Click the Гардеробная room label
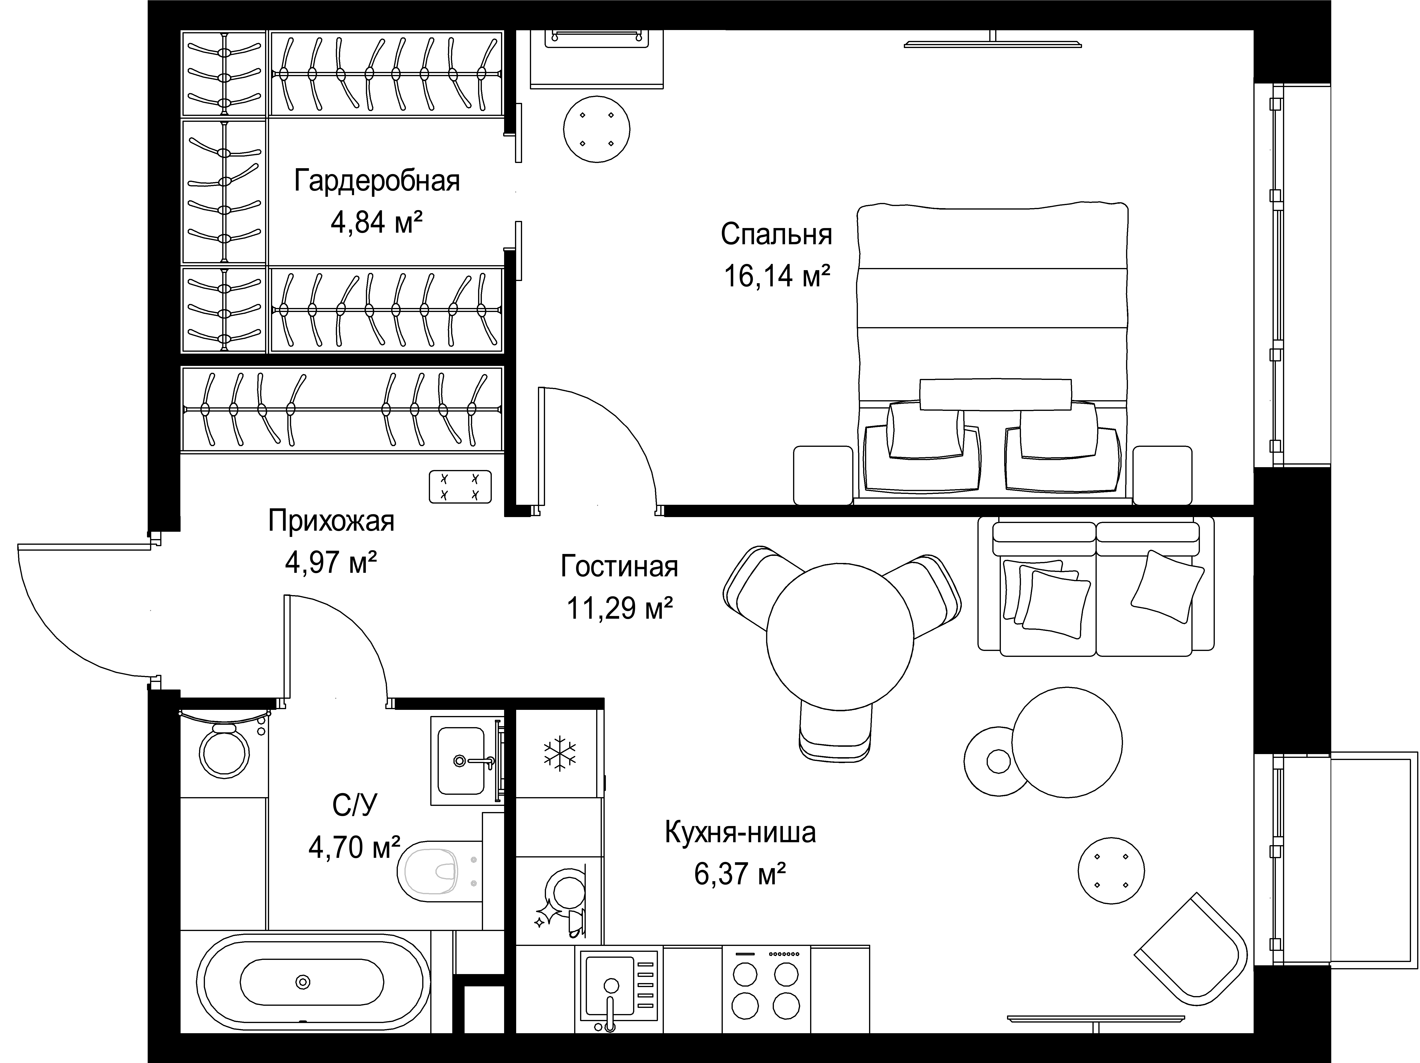[377, 181]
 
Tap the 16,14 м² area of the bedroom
[777, 277]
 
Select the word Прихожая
[331, 521]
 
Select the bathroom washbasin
[461, 760]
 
